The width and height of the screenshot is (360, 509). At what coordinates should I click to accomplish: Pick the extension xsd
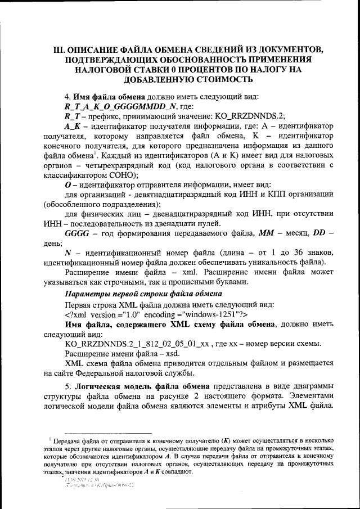click(171, 353)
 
